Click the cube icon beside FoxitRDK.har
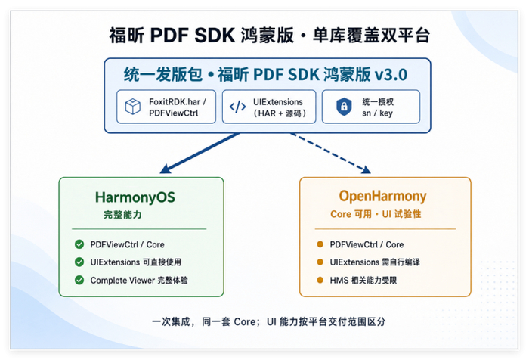click(x=132, y=107)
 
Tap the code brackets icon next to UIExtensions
click(x=238, y=107)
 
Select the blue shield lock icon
click(x=344, y=107)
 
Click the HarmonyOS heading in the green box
click(x=135, y=197)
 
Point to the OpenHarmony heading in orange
click(x=382, y=196)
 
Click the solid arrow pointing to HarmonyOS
click(x=200, y=153)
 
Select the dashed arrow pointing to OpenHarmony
click(x=331, y=153)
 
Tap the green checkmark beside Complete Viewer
click(x=79, y=280)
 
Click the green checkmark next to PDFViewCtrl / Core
click(x=79, y=244)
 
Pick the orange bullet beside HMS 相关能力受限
click(x=320, y=280)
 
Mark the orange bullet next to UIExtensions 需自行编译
click(x=320, y=262)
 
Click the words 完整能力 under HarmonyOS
click(x=122, y=215)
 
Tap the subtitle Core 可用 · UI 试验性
click(x=376, y=214)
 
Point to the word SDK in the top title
click(x=215, y=35)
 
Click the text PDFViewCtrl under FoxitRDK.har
click(x=173, y=113)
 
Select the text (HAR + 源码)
click(x=280, y=113)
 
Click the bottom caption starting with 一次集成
click(x=268, y=321)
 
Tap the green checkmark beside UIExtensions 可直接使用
click(x=79, y=262)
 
